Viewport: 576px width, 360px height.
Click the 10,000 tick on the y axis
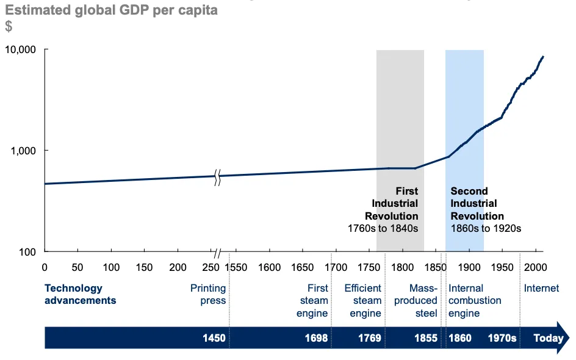click(22, 49)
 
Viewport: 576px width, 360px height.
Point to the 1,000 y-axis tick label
click(24, 151)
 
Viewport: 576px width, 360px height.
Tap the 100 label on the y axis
click(28, 251)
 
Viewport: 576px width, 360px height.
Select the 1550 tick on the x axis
click(236, 267)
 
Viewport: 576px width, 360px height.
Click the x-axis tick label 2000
click(535, 267)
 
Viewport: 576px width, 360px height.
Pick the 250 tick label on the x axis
click(211, 267)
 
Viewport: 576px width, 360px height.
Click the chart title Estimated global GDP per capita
click(112, 10)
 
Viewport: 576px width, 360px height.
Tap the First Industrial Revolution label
click(394, 204)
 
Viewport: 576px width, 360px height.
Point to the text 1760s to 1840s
click(383, 229)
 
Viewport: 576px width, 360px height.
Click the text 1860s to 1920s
click(486, 229)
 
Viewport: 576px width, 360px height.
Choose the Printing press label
click(208, 294)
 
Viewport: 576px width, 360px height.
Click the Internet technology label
click(541, 288)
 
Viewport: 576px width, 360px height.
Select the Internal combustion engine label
click(475, 301)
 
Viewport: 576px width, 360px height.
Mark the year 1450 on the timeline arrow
click(214, 338)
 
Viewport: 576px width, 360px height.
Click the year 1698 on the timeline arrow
click(316, 338)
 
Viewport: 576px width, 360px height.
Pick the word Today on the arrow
click(549, 338)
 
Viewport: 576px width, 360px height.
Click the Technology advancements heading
click(80, 294)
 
